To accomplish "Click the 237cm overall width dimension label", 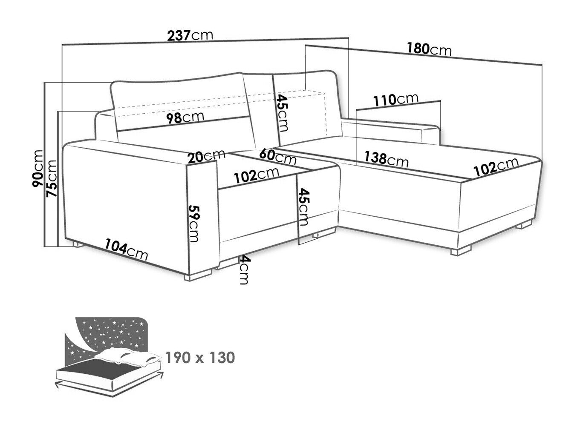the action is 190,35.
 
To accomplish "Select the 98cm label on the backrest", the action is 185,118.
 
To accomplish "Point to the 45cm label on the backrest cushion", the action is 283,113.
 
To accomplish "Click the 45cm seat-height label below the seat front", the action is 303,207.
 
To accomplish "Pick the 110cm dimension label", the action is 395,100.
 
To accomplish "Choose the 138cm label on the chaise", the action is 386,159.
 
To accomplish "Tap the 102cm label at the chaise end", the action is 496,166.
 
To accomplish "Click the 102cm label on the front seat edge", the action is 256,175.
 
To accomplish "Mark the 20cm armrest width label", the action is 206,157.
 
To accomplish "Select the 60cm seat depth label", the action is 278,157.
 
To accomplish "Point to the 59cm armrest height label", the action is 194,224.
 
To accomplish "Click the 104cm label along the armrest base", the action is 126,249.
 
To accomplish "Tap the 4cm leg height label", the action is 244,270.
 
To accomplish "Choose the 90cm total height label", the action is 37,168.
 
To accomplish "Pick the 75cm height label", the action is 51,178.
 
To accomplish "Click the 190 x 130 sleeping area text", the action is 200,358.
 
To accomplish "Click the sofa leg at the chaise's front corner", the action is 461,250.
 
